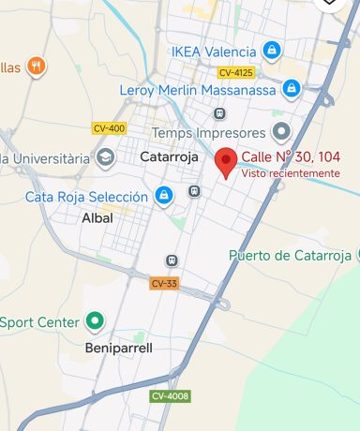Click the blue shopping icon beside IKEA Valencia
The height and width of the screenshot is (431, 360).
point(272,50)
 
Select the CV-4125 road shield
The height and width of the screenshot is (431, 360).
point(236,72)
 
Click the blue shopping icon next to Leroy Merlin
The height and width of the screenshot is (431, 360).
point(292,90)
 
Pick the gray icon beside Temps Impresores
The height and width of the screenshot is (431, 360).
point(281,131)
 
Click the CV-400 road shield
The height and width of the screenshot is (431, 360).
point(109,128)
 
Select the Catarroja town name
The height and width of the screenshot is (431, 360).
point(169,157)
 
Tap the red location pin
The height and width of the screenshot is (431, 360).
point(226,162)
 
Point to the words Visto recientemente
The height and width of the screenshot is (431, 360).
point(290,173)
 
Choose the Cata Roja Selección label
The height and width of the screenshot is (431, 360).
point(86,197)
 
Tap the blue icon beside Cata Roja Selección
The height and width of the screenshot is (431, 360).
point(164,196)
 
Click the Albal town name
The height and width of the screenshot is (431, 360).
point(97,217)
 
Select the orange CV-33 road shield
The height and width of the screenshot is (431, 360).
point(163,283)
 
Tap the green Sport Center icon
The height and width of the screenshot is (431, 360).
point(94,322)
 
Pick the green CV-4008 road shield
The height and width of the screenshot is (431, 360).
point(170,396)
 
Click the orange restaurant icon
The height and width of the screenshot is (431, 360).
point(37,66)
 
